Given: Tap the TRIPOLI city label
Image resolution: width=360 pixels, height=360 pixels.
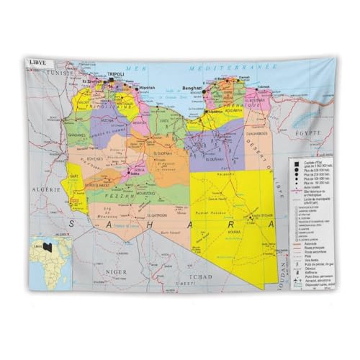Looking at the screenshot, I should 116,74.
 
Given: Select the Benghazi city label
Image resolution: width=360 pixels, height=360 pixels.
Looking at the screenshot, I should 194,88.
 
